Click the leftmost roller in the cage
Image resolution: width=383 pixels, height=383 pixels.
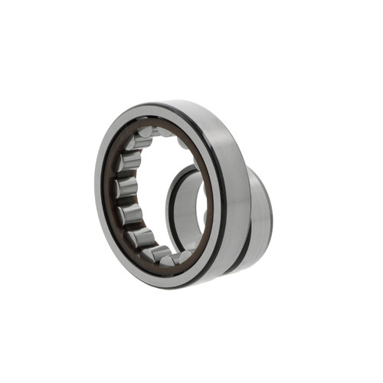pos(126,188)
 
